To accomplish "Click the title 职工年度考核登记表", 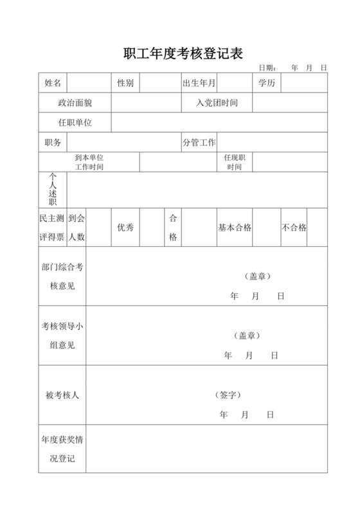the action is [183, 53].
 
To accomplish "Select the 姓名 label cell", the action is [53, 83].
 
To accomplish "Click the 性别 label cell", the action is [125, 83].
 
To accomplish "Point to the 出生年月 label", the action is [199, 83].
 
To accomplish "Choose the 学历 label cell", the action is [267, 83].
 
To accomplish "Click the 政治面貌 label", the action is [75, 103].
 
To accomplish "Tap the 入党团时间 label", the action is [217, 103].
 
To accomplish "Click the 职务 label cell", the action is [53, 143].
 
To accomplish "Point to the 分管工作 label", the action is [199, 143].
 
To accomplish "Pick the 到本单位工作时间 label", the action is [89, 162].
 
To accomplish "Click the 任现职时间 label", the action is [234, 162].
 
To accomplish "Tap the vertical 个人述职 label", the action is [53, 190].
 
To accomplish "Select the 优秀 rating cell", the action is [125, 228].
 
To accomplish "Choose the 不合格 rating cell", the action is [294, 228].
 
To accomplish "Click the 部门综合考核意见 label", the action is [62, 276].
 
